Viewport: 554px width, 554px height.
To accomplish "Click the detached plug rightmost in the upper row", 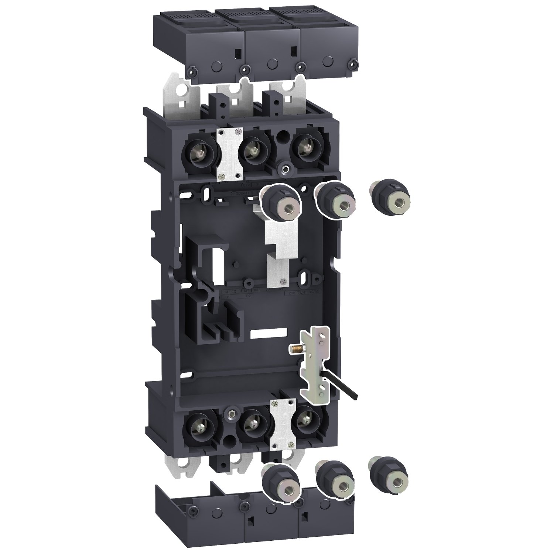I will pos(391,199).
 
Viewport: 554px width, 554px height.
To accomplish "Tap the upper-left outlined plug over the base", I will pos(281,202).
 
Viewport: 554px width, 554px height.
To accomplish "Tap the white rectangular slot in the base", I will pos(269,333).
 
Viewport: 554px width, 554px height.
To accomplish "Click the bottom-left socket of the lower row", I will pos(199,425).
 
